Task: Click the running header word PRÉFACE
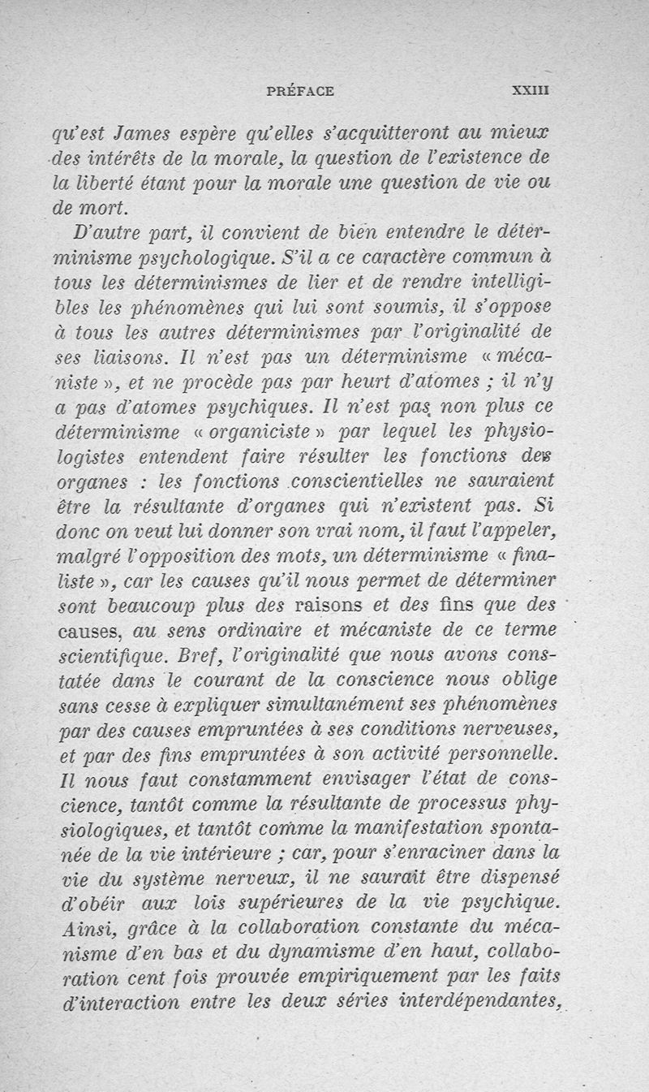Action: [x=299, y=92]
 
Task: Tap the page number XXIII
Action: [x=531, y=92]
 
